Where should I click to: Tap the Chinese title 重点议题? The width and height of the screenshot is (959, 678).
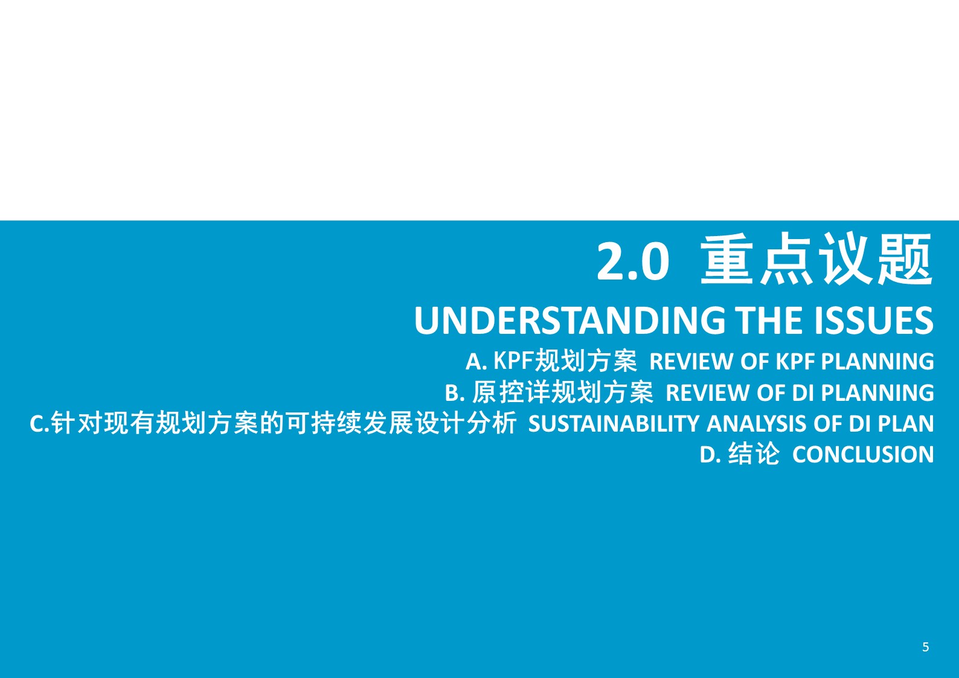817,260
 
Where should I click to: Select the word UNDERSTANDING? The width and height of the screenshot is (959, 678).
569,321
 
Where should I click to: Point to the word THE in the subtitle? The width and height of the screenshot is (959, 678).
769,321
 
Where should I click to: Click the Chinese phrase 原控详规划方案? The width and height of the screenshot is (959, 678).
563,392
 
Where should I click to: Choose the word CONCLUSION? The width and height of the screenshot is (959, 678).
863,455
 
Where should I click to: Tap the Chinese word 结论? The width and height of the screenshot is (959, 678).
754,454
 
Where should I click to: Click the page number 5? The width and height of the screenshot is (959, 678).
926,647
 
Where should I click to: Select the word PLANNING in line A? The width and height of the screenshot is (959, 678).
877,362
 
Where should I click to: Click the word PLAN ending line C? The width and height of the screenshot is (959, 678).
906,424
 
